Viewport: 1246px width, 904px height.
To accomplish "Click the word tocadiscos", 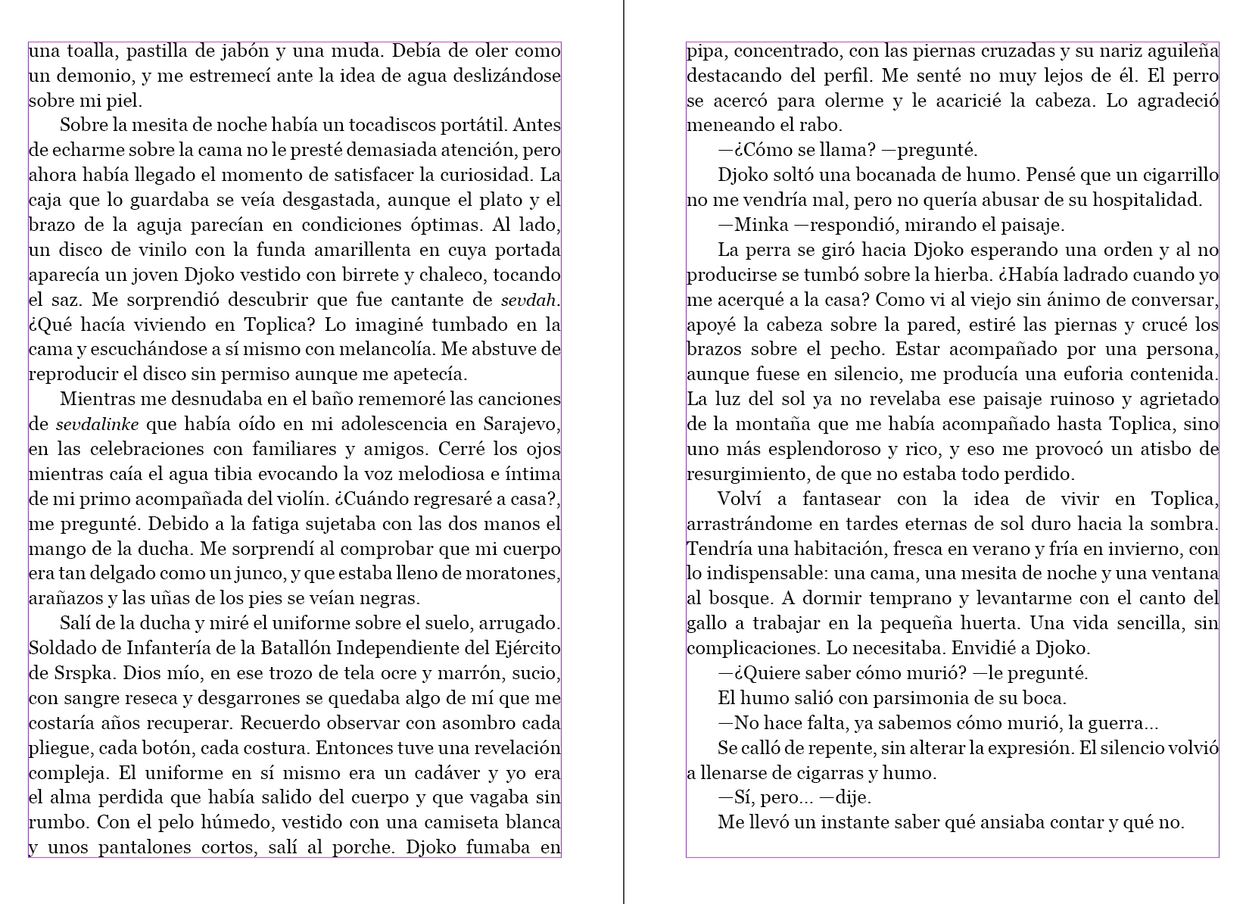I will point(368,125).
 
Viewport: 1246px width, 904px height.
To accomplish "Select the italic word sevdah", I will point(530,300).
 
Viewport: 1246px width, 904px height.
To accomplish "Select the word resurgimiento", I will point(746,475).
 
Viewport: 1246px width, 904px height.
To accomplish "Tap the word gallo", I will point(705,624).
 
